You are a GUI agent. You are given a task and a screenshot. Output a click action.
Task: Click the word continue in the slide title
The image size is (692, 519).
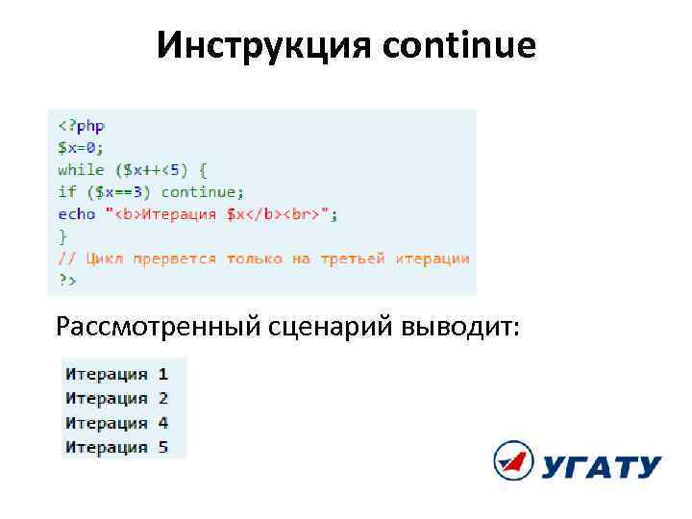click(459, 45)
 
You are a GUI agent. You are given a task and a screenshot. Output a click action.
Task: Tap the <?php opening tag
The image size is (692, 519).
click(82, 125)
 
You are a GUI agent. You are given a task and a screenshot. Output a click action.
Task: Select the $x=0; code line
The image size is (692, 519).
click(81, 147)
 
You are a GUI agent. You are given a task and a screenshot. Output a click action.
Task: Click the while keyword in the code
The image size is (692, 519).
click(82, 169)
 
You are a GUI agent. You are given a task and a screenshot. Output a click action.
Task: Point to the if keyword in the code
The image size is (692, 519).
click(66, 191)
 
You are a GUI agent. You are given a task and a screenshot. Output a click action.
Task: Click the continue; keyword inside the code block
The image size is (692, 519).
click(203, 191)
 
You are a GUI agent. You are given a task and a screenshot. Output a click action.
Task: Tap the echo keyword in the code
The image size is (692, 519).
click(77, 213)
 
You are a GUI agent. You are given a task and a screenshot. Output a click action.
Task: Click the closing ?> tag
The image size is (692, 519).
click(66, 280)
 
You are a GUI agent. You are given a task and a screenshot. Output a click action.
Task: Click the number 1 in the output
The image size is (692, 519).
click(163, 374)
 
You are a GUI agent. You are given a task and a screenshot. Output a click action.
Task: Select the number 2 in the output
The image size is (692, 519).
click(163, 398)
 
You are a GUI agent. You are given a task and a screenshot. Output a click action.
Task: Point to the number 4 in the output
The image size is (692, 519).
click(163, 423)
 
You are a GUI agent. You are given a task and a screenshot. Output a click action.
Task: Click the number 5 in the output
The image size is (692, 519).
click(163, 447)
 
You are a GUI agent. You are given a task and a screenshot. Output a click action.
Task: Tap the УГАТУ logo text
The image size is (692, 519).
click(600, 467)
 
